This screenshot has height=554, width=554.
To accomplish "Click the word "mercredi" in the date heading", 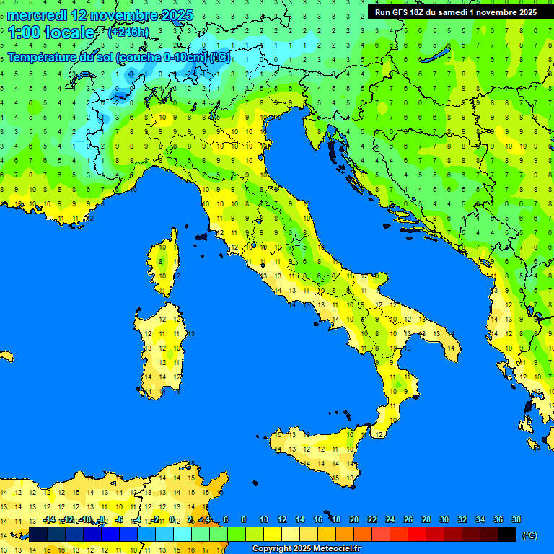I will [38, 15].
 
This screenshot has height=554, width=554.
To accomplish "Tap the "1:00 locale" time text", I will [51, 32].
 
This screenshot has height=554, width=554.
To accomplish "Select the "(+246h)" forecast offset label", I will [128, 32].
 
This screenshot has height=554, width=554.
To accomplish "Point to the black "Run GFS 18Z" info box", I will [456, 12].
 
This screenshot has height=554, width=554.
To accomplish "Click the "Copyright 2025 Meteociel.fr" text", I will [305, 549].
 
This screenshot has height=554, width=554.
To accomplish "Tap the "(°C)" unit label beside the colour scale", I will [529, 535].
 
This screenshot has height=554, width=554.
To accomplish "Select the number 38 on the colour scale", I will [516, 520].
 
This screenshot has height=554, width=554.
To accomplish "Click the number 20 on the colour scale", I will [353, 520].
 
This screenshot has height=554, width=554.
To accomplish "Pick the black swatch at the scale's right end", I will [507, 534].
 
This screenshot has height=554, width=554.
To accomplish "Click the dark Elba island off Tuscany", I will [201, 236].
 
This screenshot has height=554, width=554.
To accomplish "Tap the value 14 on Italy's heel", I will [452, 349].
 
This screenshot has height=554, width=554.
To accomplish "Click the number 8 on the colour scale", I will [244, 520].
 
